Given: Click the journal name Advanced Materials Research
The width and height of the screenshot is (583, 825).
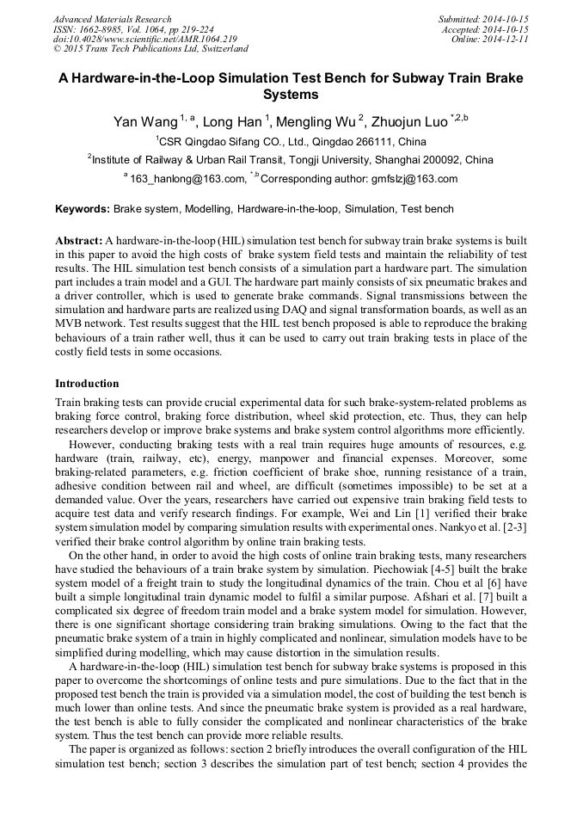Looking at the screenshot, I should (x=112, y=19).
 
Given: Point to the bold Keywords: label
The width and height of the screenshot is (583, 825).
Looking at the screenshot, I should (x=83, y=209).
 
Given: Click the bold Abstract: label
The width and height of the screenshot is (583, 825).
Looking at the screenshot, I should (x=79, y=240).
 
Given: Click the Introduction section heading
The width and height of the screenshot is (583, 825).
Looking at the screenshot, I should (x=87, y=384).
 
